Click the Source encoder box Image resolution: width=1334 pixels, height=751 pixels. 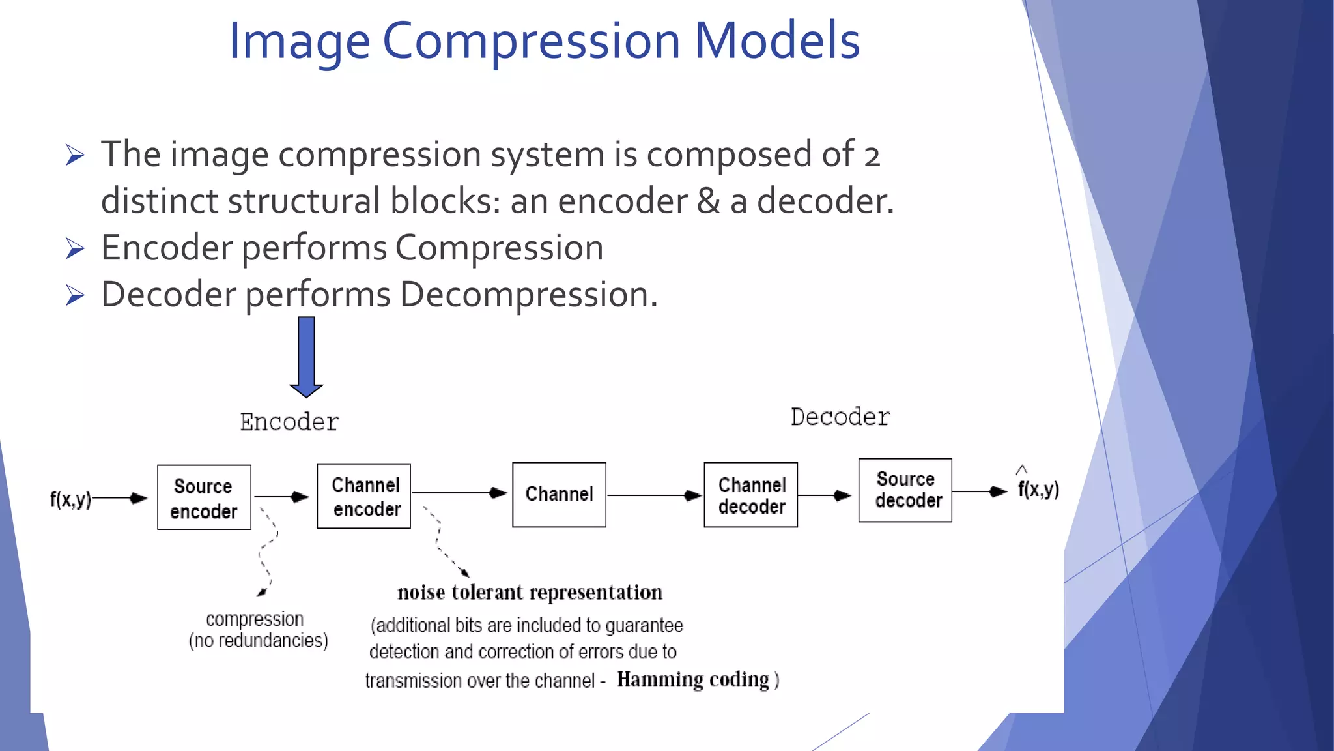tap(204, 497)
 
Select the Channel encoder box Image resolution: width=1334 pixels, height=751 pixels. tap(363, 496)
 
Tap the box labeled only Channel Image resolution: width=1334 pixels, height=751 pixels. tap(559, 495)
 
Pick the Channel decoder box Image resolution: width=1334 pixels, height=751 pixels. tap(750, 495)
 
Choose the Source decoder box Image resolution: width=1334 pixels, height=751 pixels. tap(905, 490)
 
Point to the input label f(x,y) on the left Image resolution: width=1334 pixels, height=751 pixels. tap(70, 499)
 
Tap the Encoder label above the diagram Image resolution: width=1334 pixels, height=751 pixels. tap(289, 422)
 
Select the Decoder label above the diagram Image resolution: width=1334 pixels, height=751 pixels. tap(840, 417)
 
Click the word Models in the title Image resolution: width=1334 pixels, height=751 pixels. tap(776, 40)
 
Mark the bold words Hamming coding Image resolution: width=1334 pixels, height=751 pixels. tap(693, 679)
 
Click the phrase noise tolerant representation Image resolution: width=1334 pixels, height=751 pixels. tap(530, 593)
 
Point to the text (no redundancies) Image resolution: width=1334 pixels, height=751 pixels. tap(258, 641)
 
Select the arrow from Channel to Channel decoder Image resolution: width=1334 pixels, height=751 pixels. tap(654, 495)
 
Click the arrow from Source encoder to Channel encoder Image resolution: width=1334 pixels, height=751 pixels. tap(281, 497)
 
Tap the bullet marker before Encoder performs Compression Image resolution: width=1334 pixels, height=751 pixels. tap(76, 249)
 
